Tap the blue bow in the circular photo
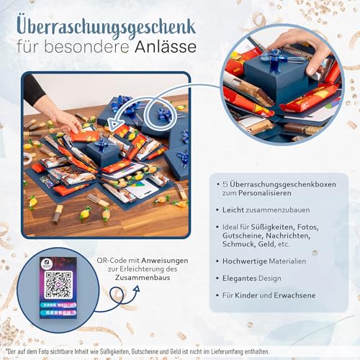tap(276, 58)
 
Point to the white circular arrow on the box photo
tap(162, 113)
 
